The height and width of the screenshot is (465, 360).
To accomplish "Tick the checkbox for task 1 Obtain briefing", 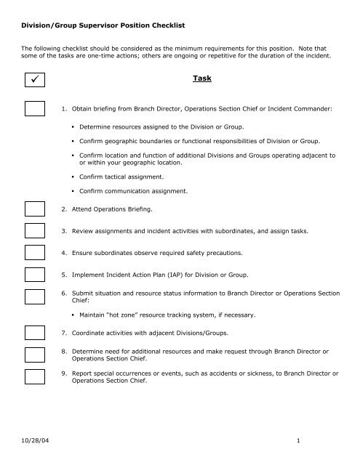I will click(x=35, y=109).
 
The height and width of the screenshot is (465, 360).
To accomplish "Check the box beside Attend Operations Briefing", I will click(x=35, y=208).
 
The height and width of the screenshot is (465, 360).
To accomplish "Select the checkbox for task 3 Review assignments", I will click(x=35, y=231).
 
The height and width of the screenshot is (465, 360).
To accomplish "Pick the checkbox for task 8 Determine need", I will click(x=35, y=357).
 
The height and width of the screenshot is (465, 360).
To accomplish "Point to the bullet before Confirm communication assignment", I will click(x=73, y=191).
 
